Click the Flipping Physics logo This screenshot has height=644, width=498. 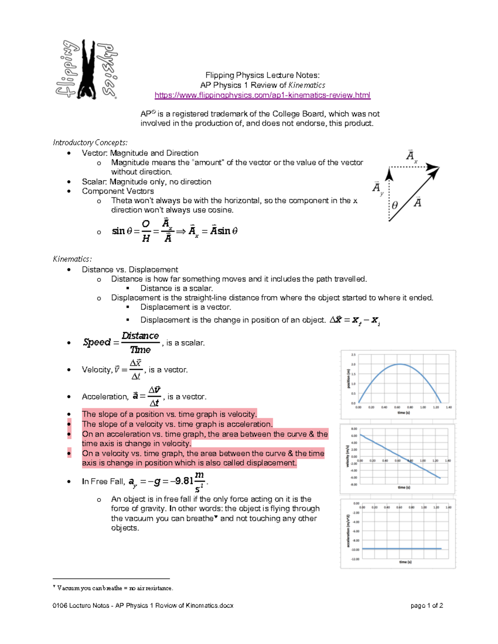87,69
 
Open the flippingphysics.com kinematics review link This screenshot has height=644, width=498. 262,95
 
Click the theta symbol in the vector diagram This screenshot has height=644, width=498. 395,205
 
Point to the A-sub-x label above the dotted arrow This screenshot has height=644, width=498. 411,156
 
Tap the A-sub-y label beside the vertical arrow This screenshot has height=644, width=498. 377,188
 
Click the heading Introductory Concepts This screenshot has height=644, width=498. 90,143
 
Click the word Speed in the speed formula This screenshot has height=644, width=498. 97,343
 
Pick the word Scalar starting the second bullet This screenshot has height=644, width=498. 94,182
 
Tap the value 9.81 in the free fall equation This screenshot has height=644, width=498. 184,481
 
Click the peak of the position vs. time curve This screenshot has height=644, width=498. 399,364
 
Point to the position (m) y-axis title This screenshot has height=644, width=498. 348,379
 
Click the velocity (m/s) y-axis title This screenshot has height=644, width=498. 348,456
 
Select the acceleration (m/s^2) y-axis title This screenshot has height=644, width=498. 348,531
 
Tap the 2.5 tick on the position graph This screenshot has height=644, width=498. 354,355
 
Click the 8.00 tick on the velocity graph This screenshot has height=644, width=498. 354,429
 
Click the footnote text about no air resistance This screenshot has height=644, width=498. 115,588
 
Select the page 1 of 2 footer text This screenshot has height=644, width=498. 427,606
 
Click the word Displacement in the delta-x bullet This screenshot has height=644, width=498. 165,320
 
